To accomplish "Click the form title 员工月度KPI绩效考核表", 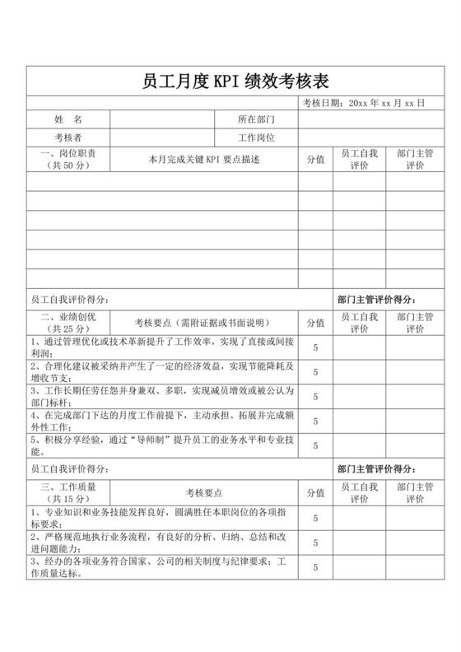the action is point(230,81).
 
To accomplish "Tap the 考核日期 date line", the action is point(363,104).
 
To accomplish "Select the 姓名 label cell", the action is point(68,120).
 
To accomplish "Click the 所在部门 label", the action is point(256,120).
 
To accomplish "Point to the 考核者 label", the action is point(68,137).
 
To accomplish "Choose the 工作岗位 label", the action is point(256,137).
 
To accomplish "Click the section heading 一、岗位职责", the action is point(68,159).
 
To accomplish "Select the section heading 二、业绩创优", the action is point(68,322).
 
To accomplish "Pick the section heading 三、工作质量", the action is point(68,492).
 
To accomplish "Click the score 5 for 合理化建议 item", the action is point(314,372).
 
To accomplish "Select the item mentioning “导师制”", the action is point(161,445).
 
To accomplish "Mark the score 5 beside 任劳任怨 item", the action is point(314,397).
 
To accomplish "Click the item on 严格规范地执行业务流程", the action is point(161,543).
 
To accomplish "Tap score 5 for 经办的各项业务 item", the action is point(314,567).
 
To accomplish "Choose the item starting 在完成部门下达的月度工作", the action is point(161,421).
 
